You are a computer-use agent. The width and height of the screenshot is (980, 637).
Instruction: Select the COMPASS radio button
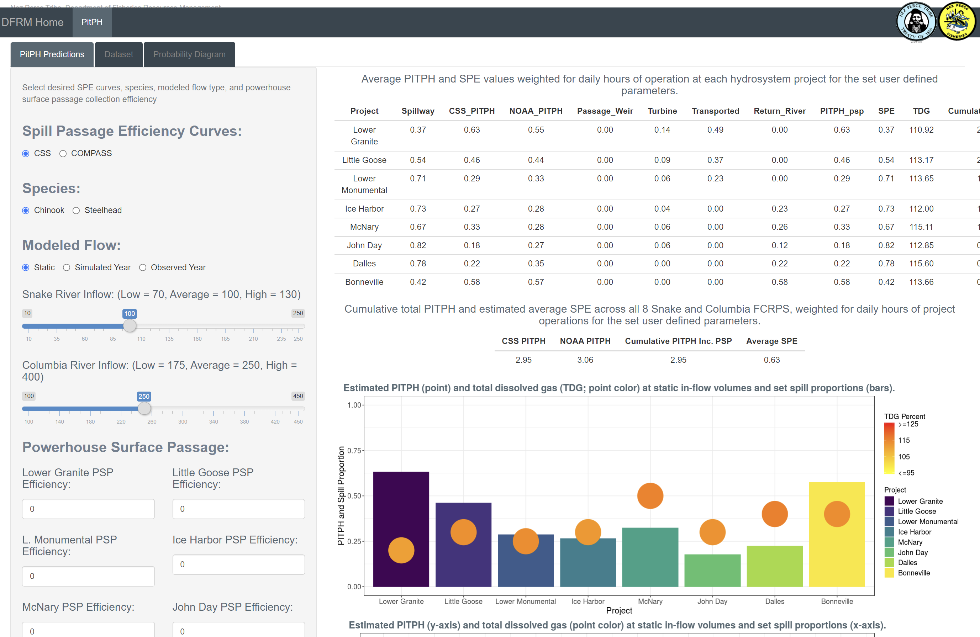[63, 154]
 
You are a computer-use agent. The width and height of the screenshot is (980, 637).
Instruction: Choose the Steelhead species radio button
[76, 211]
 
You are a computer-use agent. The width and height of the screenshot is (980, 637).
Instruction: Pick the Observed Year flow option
[143, 267]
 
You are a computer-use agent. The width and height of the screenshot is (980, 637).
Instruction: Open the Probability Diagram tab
[189, 54]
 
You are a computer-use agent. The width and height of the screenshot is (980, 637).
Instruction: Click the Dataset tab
[118, 54]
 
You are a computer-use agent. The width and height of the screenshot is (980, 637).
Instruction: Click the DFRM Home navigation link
[32, 22]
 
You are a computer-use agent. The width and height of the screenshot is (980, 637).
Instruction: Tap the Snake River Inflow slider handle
[130, 326]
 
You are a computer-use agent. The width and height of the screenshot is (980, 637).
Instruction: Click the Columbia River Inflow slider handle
[144, 409]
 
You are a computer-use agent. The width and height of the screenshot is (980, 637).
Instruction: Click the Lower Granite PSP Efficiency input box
[88, 509]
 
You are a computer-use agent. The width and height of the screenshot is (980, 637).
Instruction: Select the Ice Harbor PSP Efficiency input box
[238, 564]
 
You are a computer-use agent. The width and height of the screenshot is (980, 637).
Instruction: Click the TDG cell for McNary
[921, 227]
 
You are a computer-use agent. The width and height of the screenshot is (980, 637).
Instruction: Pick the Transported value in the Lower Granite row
[715, 130]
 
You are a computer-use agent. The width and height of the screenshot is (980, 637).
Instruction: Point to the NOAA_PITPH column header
[536, 111]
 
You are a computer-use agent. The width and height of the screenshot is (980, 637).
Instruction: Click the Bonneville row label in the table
[364, 282]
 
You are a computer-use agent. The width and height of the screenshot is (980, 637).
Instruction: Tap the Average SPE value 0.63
[771, 360]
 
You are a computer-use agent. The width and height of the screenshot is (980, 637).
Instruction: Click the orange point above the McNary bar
[650, 496]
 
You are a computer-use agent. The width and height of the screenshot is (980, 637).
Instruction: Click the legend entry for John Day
[912, 553]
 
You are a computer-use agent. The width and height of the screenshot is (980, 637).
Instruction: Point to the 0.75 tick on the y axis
[354, 451]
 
